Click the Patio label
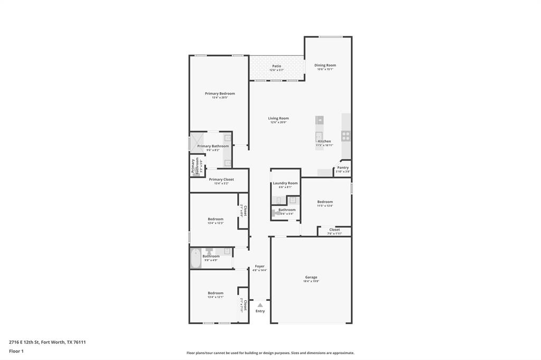(277, 66)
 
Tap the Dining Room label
(325, 65)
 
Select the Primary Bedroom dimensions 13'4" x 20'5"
(220, 98)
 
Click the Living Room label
(278, 118)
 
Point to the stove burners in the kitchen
(346, 136)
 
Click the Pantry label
(343, 167)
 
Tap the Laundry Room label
(285, 183)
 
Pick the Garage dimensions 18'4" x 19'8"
(311, 281)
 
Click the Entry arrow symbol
(260, 305)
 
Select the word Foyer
(259, 266)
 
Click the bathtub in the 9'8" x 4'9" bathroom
(195, 258)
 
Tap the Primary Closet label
(221, 179)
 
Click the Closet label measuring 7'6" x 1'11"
(334, 230)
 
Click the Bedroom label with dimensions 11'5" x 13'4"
(325, 202)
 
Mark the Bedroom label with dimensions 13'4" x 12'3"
(215, 219)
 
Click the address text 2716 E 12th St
(24, 342)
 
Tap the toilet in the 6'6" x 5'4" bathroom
(274, 213)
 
